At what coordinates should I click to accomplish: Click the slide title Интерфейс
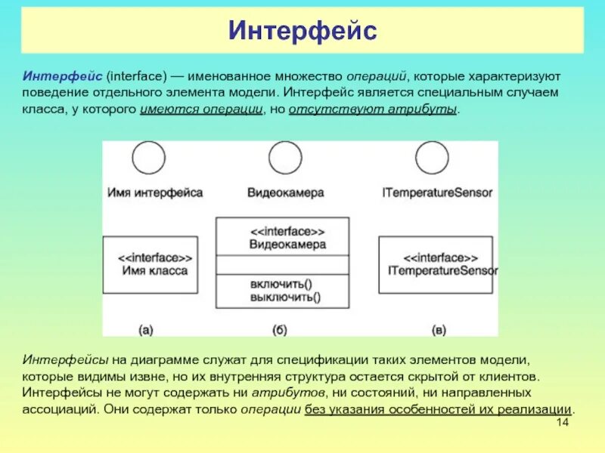click(x=302, y=32)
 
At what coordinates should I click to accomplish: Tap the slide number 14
click(x=562, y=422)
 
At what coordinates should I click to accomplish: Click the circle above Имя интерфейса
click(x=148, y=159)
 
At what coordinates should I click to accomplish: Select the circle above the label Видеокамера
click(x=285, y=159)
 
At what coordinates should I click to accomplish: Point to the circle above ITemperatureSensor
click(x=433, y=159)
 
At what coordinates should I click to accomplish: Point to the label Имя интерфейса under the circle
click(x=155, y=193)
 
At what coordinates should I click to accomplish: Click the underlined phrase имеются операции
click(x=200, y=110)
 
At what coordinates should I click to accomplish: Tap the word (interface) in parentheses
click(x=137, y=77)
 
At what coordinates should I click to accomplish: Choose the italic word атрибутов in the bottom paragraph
click(x=289, y=393)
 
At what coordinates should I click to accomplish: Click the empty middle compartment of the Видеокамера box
click(x=282, y=264)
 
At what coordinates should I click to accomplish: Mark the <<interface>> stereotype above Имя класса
click(x=155, y=257)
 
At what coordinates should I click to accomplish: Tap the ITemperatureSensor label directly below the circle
click(x=438, y=193)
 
